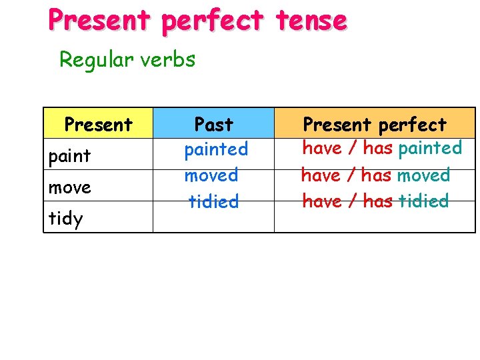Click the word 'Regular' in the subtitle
tap(96, 60)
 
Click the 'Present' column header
tap(98, 124)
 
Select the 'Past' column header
tap(213, 124)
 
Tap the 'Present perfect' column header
tap(375, 124)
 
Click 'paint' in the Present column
tap(69, 157)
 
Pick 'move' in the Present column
tap(69, 188)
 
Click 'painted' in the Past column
tap(216, 149)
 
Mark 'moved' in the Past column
tap(211, 175)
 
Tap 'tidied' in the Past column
tap(213, 201)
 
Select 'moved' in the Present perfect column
tap(423, 175)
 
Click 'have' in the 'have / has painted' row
tap(322, 148)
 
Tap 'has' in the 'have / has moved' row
tap(377, 175)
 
